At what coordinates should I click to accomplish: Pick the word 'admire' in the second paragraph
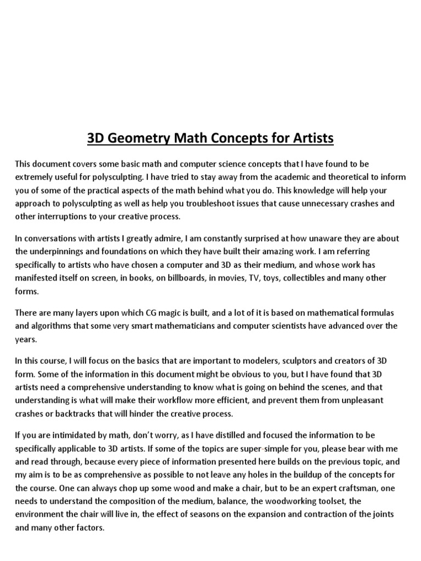tap(167, 238)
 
